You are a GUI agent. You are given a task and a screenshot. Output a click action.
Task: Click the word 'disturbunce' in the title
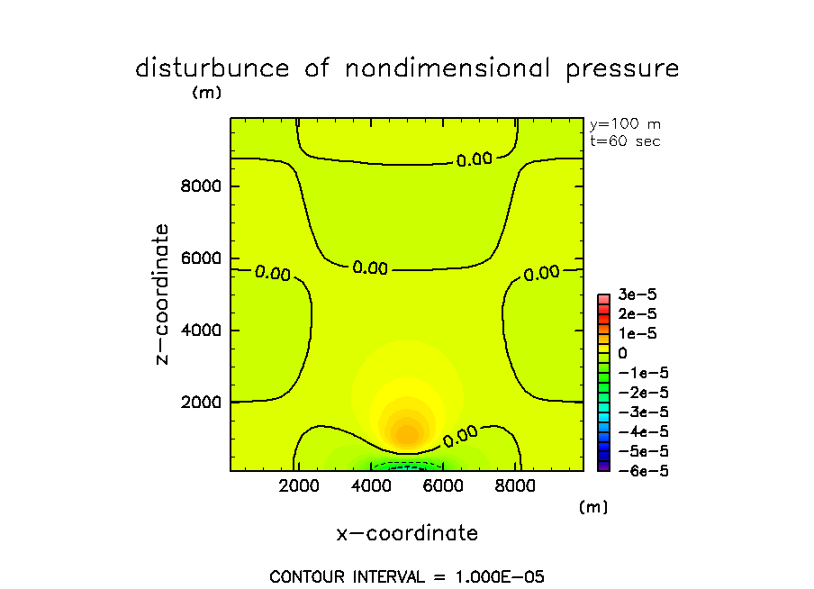pos(213,68)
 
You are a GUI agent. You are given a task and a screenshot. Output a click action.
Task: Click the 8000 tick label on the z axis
pos(202,186)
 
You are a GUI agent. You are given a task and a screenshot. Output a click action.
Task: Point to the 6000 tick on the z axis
pos(202,258)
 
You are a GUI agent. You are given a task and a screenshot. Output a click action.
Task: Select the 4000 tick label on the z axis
pos(202,331)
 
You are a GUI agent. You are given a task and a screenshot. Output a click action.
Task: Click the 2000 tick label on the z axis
pos(202,402)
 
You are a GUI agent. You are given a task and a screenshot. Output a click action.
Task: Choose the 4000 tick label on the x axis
pos(371,487)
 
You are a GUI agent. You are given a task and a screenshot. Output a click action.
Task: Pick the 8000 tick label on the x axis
pos(514,487)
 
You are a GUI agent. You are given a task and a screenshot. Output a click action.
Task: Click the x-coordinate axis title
pos(407,533)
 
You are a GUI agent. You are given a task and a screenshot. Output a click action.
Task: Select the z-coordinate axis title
pos(162,294)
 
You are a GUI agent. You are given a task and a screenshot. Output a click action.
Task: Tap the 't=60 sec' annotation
pos(625,141)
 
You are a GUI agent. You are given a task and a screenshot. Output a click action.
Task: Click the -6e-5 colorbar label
pos(638,470)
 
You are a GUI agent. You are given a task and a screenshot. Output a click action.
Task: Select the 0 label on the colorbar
pos(622,353)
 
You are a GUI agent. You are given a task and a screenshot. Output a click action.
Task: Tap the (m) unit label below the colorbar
pos(593,507)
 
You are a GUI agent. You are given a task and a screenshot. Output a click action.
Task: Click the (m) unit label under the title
pos(206,92)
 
